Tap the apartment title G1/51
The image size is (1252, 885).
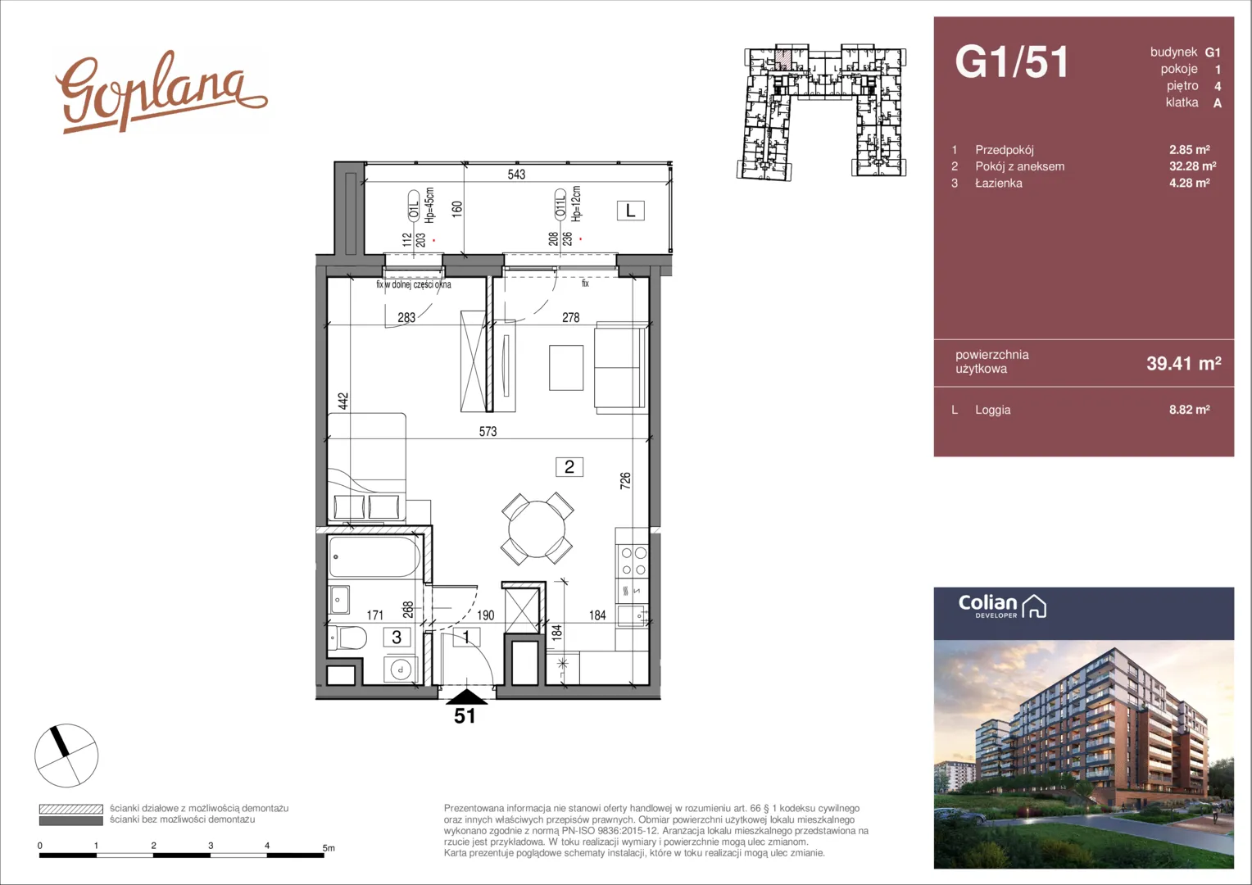click(1012, 61)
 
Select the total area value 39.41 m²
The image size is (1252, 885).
click(1184, 363)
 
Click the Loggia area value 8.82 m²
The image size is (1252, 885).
click(1190, 409)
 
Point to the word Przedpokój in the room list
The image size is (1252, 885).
click(1005, 150)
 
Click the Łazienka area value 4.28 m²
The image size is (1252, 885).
click(1190, 183)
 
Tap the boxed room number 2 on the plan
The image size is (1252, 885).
click(569, 467)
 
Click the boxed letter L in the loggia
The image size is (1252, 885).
click(630, 211)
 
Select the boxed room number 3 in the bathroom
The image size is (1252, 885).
click(397, 638)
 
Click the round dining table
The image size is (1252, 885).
click(537, 529)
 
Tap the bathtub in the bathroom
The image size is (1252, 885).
click(374, 557)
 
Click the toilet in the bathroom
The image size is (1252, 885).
click(347, 638)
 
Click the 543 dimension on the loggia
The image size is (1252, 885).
click(516, 175)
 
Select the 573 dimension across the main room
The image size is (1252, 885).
click(488, 431)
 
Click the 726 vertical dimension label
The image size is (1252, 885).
click(625, 481)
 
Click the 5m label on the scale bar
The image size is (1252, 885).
click(329, 848)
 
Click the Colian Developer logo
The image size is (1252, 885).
click(1002, 606)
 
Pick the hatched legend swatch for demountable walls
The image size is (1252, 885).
click(71, 809)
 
